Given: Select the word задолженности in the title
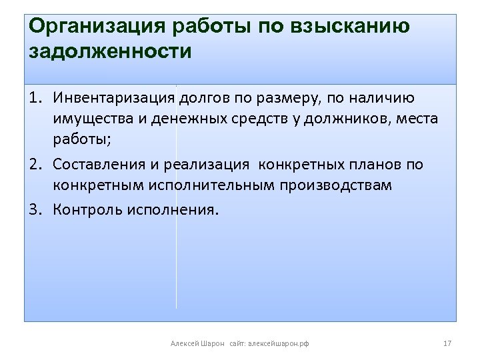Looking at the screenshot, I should pyautogui.click(x=110, y=51).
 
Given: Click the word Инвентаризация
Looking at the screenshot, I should pyautogui.click(x=114, y=99).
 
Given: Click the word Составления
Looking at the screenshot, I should pyautogui.click(x=95, y=164).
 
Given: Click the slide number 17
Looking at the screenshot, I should pyautogui.click(x=447, y=343).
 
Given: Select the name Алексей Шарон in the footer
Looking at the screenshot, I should pyautogui.click(x=197, y=343).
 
